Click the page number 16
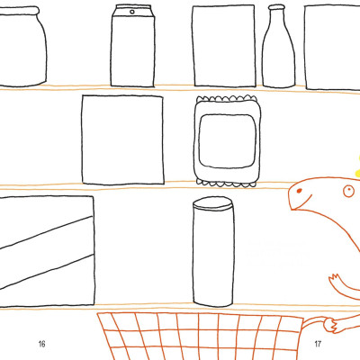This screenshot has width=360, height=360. tap(41, 344)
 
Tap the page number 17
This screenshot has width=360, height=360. tap(318, 344)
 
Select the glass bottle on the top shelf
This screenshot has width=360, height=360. tap(278, 46)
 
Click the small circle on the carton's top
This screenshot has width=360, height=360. tap(132, 12)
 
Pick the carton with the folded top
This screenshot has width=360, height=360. tap(133, 46)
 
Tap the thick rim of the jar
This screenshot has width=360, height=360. tap(19, 11)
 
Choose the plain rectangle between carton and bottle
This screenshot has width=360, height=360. tap(224, 46)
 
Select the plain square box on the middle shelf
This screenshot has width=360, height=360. tap(122, 139)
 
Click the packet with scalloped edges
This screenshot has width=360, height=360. tap(227, 141)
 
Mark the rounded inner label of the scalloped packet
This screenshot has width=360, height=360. tap(228, 140)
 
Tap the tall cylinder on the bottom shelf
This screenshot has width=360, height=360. tap(213, 252)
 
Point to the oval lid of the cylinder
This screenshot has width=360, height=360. tap(213, 203)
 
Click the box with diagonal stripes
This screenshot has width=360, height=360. tap(47, 251)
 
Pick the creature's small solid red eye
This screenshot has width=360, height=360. tap(299, 191)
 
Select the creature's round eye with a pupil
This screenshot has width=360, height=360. tap(348, 191)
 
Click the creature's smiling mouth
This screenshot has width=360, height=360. tap(301, 203)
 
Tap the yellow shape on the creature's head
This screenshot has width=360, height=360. tap(357, 168)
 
